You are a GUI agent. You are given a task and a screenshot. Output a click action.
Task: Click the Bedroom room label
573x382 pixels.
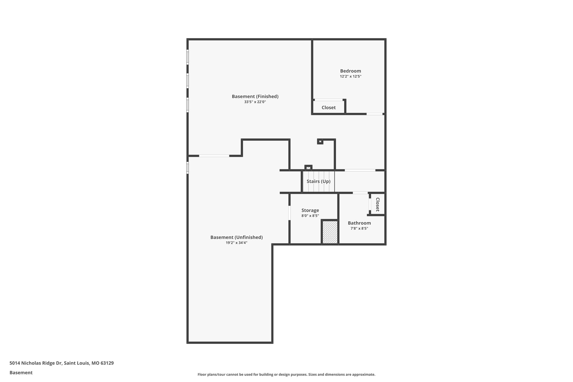(350, 71)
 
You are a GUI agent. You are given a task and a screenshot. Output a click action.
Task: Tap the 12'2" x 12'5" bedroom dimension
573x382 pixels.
(350, 76)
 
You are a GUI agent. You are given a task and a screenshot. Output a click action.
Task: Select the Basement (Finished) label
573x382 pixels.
(255, 97)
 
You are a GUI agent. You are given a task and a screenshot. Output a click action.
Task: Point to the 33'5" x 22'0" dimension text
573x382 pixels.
(255, 102)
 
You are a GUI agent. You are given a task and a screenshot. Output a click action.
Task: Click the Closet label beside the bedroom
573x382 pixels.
(328, 108)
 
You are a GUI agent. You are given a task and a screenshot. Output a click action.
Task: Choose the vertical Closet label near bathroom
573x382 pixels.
(377, 205)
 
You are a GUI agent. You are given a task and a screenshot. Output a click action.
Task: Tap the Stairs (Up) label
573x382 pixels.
(318, 181)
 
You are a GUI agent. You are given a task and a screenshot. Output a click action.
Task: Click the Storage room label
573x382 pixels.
(310, 210)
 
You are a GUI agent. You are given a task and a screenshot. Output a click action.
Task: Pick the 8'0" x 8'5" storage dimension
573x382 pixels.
(310, 216)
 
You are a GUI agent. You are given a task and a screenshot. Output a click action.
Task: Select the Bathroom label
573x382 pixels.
(359, 223)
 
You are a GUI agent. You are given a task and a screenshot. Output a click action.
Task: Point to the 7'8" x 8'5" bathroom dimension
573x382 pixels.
(359, 229)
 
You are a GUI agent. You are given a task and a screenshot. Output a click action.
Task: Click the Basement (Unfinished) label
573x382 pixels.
(236, 237)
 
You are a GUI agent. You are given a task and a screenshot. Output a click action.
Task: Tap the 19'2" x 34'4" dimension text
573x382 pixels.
(236, 243)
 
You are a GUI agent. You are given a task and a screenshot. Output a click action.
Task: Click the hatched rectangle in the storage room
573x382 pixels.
(330, 232)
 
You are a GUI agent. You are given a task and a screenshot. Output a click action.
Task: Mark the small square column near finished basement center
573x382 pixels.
(320, 142)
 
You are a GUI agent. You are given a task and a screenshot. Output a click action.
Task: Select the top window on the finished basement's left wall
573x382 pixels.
(187, 57)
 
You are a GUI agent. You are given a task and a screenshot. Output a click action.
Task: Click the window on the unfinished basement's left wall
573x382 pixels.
(187, 168)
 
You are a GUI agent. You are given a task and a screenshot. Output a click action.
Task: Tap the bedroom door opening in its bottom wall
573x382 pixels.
(374, 114)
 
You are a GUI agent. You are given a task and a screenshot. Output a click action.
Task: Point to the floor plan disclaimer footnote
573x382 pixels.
(286, 374)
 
